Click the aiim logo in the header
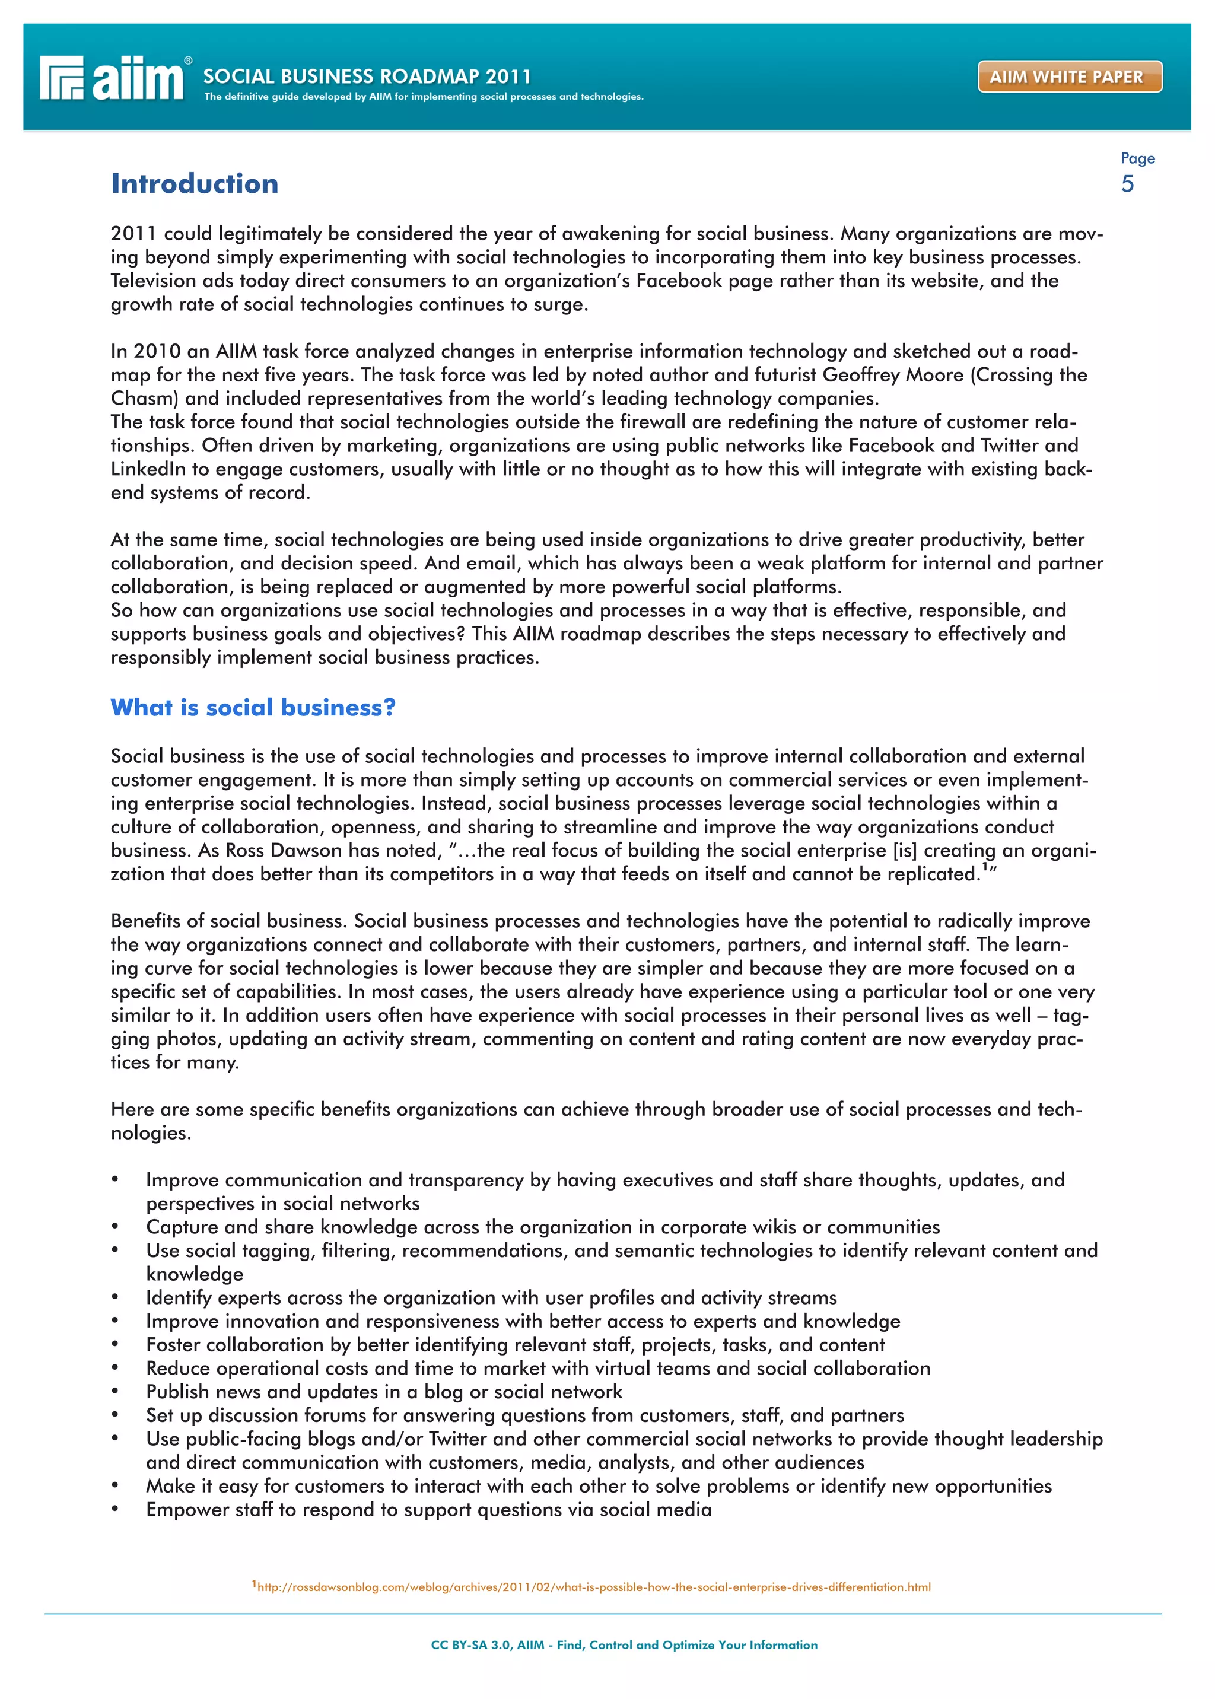[x=112, y=78]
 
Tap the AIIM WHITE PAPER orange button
[x=1069, y=77]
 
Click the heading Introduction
[x=195, y=183]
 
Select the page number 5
[x=1127, y=184]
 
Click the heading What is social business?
[x=253, y=707]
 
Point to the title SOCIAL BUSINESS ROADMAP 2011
[x=367, y=77]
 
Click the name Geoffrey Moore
[x=892, y=375]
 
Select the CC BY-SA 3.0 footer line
[x=624, y=1644]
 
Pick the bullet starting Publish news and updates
[x=384, y=1392]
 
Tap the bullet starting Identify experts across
[x=491, y=1297]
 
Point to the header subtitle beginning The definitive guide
[x=424, y=97]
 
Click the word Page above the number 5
[x=1137, y=158]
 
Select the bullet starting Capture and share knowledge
[x=542, y=1227]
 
